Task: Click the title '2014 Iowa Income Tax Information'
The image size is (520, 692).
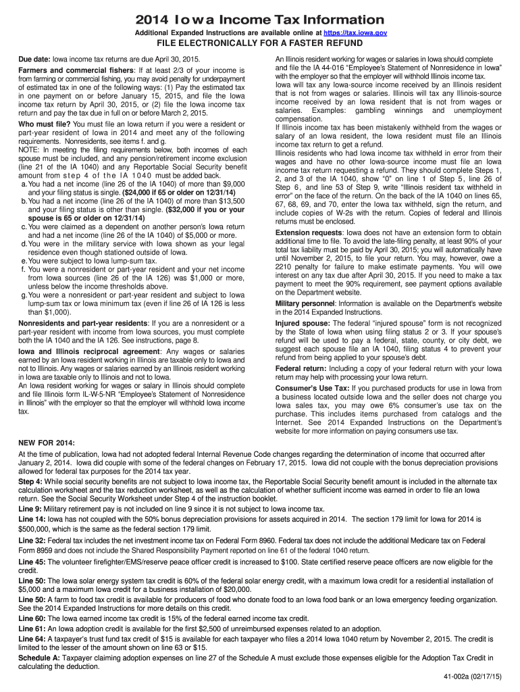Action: click(x=260, y=18)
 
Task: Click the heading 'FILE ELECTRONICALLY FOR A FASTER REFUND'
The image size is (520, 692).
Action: click(x=260, y=45)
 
